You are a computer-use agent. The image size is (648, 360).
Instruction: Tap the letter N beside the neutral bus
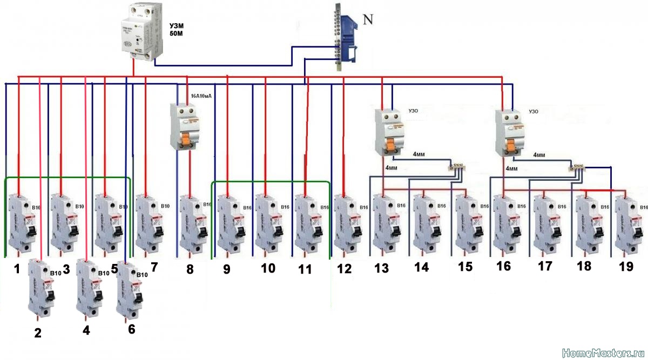[x=368, y=20]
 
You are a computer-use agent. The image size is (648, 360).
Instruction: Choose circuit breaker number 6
[x=129, y=288]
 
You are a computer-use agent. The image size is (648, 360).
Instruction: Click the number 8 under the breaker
[x=190, y=269]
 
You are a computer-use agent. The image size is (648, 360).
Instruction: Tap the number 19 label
[x=626, y=267]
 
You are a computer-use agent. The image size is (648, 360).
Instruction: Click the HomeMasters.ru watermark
[x=603, y=354]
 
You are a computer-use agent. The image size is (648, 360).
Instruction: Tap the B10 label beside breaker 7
[x=165, y=206]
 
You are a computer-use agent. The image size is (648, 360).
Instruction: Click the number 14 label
[x=421, y=267]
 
